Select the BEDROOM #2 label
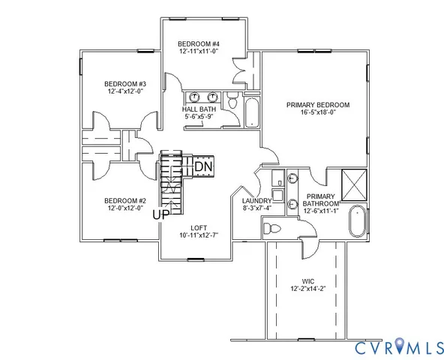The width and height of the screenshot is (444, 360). (124, 201)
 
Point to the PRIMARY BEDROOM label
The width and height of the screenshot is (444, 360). (319, 105)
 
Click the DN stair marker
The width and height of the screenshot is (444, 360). (205, 166)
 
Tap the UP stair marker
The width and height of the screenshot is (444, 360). (161, 214)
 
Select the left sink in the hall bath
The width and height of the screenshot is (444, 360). (194, 97)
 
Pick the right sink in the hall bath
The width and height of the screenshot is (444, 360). (212, 97)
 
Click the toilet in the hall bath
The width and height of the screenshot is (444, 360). (233, 98)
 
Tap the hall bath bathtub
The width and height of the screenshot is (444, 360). (251, 112)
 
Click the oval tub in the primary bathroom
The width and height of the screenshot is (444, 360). (358, 221)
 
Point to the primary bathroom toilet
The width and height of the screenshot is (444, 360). (275, 229)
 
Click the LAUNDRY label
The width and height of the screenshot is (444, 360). (256, 202)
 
